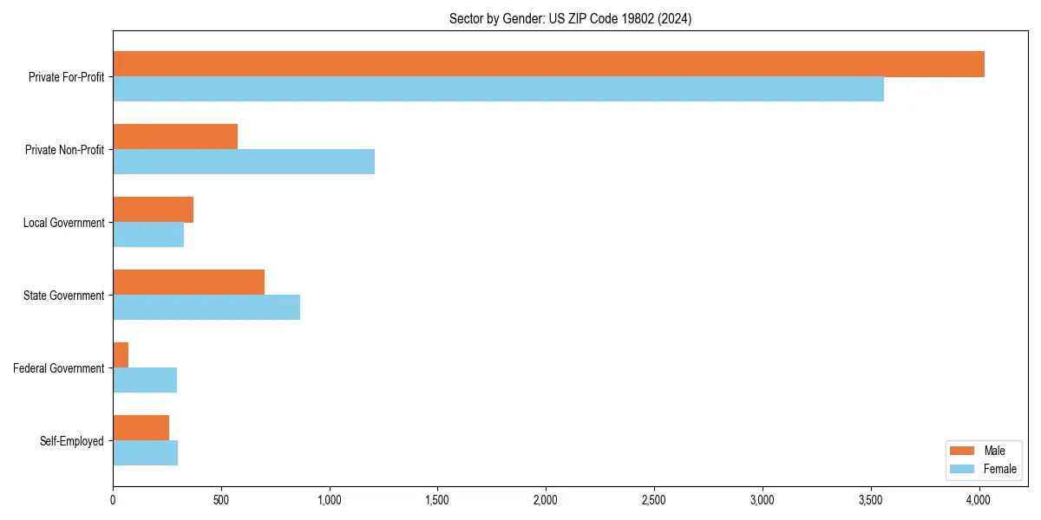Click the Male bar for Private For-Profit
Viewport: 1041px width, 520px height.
click(x=548, y=64)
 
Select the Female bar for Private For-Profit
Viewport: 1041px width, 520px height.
click(x=498, y=89)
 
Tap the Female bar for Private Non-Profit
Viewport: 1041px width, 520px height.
click(x=244, y=162)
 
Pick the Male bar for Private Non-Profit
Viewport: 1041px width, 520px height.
click(x=175, y=137)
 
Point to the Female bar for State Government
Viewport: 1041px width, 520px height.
click(x=206, y=308)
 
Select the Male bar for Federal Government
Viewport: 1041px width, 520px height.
click(x=121, y=355)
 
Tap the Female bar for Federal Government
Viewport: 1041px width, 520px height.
click(x=145, y=380)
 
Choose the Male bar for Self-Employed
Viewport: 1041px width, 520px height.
click(x=141, y=428)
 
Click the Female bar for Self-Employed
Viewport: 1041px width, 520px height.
click(x=145, y=453)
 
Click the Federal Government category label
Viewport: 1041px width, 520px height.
click(x=59, y=368)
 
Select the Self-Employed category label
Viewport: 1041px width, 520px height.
click(x=72, y=441)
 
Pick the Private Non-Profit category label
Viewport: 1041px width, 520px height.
click(x=64, y=150)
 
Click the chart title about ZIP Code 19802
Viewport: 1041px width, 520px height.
click(x=570, y=18)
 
